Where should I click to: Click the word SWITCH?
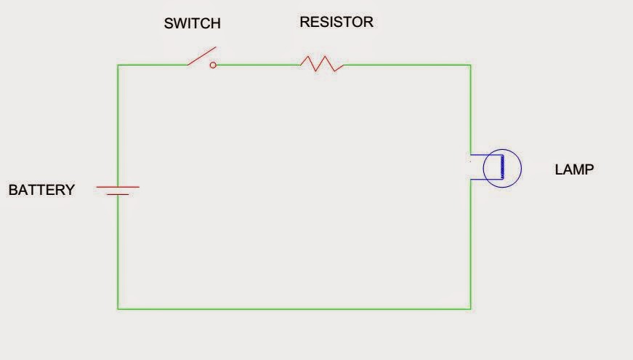[192, 24]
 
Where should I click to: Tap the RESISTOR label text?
[336, 22]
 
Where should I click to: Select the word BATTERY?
[41, 191]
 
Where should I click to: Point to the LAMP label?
[574, 169]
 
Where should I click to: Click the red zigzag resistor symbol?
[322, 64]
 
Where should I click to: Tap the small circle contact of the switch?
[213, 65]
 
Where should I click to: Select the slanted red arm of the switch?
[201, 56]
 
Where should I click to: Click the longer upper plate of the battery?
[118, 187]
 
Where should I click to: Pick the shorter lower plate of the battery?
[118, 194]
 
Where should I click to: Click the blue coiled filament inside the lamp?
[501, 167]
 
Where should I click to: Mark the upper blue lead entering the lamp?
[480, 156]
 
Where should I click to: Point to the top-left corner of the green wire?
[118, 65]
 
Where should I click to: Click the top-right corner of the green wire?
[470, 65]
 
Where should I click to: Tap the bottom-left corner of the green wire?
[118, 309]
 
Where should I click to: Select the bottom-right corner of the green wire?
[471, 309]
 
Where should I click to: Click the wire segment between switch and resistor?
[258, 65]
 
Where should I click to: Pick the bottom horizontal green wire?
[294, 309]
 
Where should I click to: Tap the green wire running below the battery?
[118, 251]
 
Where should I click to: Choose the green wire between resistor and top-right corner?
[407, 65]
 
